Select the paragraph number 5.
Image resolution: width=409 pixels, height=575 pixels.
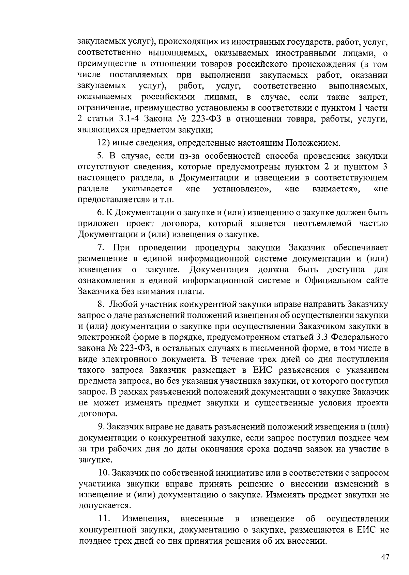point(100,156)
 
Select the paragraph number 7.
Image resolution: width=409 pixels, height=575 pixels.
point(100,247)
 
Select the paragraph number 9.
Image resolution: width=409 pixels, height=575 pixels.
point(101,427)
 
